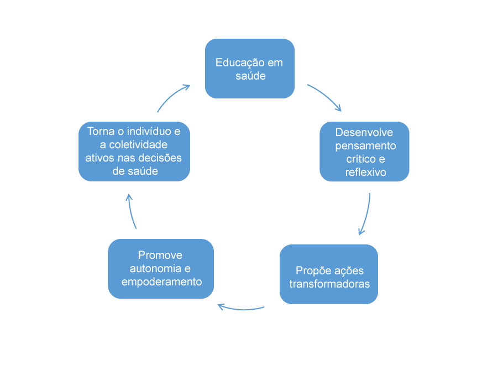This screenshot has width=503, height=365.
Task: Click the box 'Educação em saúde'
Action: coord(249,69)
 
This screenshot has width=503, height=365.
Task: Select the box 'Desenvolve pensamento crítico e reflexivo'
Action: coord(365,152)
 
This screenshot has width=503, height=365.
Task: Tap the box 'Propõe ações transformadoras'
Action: coord(329,274)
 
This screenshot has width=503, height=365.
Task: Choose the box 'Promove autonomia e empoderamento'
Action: coord(161,269)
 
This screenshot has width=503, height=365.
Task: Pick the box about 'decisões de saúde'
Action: coord(134,152)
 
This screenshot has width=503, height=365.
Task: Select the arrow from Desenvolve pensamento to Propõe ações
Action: coord(366,215)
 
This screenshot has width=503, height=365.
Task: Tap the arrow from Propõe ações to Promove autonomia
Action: coord(241,307)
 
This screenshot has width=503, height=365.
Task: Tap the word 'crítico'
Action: coord(353,159)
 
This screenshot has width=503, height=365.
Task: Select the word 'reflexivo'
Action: coord(365,172)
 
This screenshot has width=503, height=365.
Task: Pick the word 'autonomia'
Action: coord(155,269)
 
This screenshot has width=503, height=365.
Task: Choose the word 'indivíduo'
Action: coord(149,132)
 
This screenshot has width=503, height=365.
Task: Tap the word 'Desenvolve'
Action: coord(365,132)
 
